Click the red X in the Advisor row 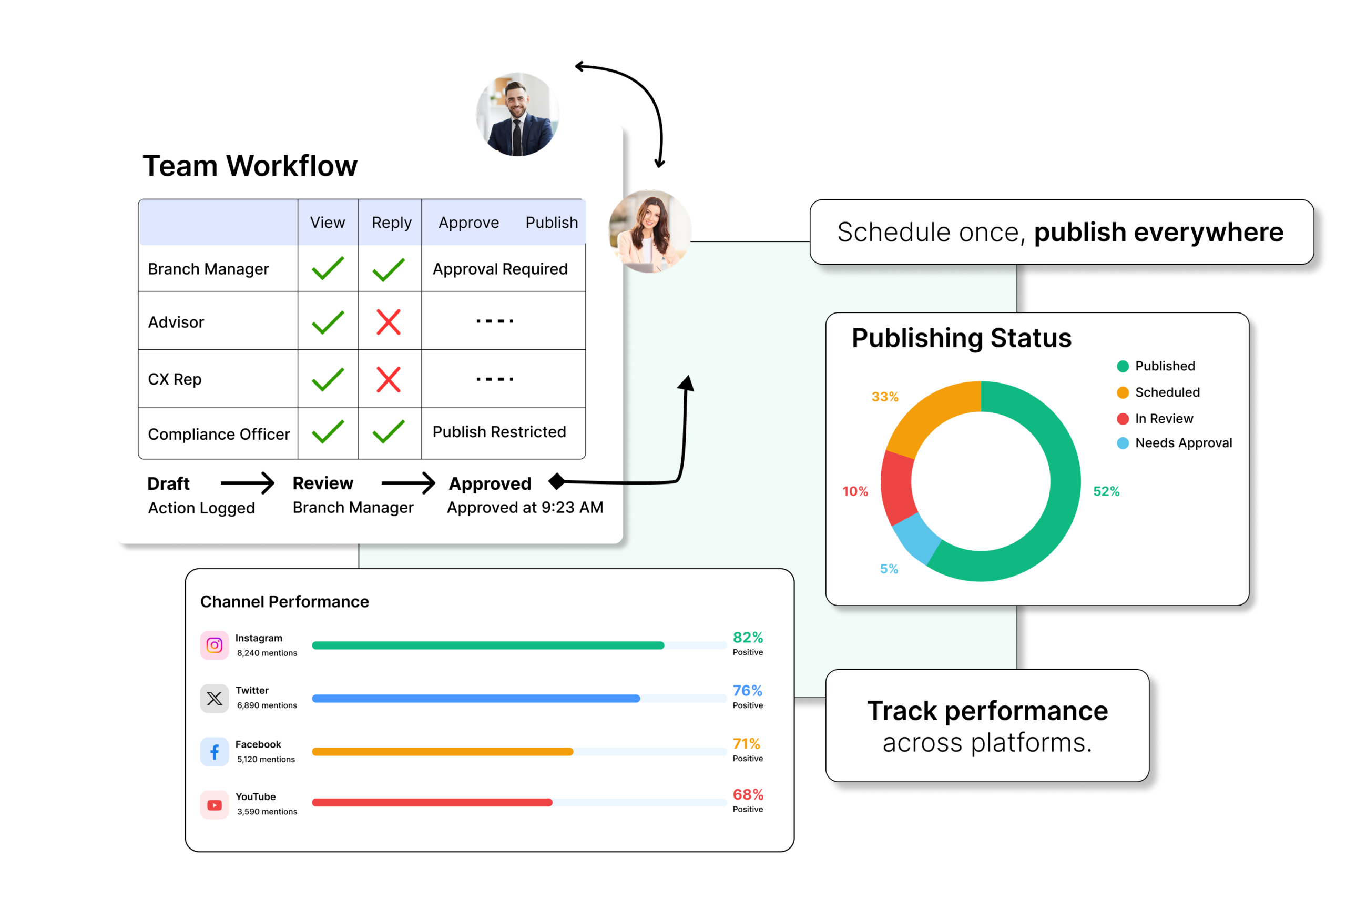[388, 322]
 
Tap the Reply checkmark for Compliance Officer [388, 432]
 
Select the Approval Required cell [499, 269]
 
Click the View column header [328, 222]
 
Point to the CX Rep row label [175, 379]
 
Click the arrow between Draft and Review [247, 483]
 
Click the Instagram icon [214, 645]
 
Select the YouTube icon [214, 805]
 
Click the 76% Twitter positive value [747, 691]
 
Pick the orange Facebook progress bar [442, 751]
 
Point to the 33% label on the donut [885, 397]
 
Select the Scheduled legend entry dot [1123, 392]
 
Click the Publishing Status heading [962, 338]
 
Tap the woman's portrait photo [650, 231]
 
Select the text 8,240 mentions [267, 653]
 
